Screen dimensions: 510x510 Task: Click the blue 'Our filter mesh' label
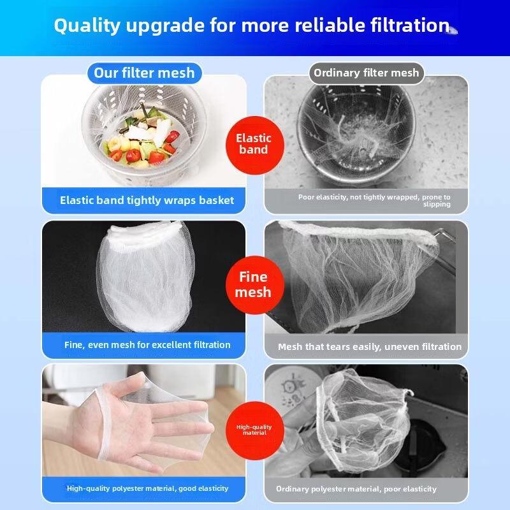pos(144,73)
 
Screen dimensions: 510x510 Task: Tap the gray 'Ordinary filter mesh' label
pos(366,73)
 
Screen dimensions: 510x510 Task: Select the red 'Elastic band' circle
pos(254,143)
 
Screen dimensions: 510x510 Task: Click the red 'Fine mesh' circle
pos(253,284)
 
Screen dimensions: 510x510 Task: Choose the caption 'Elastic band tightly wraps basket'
pos(147,200)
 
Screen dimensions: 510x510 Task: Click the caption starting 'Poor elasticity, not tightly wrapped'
pos(375,200)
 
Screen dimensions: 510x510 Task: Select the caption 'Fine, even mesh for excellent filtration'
pos(147,345)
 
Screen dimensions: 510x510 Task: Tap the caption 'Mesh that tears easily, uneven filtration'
pos(369,347)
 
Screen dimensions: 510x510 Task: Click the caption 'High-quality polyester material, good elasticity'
pos(147,488)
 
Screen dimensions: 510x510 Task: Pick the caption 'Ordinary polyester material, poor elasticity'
pos(356,489)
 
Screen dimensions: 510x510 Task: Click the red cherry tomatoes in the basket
pos(133,155)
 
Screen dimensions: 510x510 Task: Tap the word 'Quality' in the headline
pos(85,25)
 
